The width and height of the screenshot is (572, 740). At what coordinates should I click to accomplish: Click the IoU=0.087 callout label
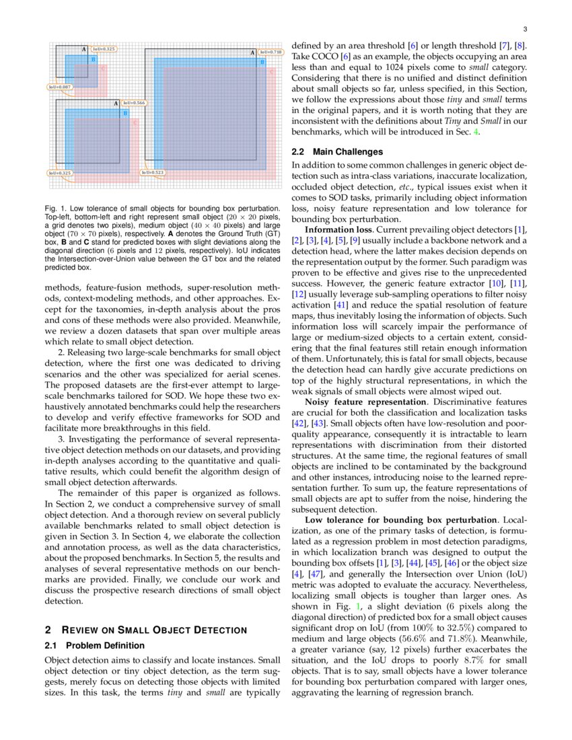coord(59,87)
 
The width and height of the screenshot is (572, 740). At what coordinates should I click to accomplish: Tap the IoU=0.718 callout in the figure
coord(271,52)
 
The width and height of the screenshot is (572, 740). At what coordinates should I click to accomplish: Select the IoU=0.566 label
coord(133,103)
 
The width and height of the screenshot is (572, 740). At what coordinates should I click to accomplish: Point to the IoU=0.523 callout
coord(152,172)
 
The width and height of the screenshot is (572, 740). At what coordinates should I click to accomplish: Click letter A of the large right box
coord(253,52)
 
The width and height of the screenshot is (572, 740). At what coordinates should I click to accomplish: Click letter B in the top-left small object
coord(93,59)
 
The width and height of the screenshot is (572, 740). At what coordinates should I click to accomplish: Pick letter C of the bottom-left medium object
coord(135,123)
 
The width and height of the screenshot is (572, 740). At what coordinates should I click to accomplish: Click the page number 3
coord(524,30)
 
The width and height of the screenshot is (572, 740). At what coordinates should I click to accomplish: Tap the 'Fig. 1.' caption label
coord(55,209)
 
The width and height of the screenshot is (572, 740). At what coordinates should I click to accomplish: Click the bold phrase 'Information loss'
coord(335,229)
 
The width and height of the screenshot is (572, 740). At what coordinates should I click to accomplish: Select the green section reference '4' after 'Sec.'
coord(476,132)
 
